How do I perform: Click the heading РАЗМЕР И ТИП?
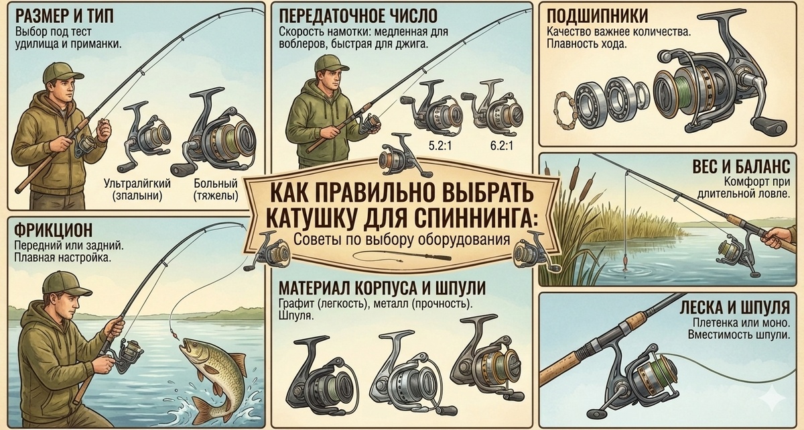coord(64,15)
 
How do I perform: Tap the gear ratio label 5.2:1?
coord(440,146)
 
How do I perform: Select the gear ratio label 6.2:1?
coord(502,146)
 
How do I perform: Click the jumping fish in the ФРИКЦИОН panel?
coord(212,377)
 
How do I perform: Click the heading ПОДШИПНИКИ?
coord(597,16)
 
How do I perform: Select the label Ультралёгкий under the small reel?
coord(137,184)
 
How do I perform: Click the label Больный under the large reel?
coord(216,184)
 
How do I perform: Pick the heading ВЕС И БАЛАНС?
coord(741,166)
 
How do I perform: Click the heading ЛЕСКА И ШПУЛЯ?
coord(735,307)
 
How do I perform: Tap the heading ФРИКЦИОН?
coord(53,230)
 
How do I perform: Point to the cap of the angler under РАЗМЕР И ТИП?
coord(62,72)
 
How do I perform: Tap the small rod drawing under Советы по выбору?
coord(402,256)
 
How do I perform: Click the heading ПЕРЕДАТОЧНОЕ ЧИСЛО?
coord(358,16)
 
